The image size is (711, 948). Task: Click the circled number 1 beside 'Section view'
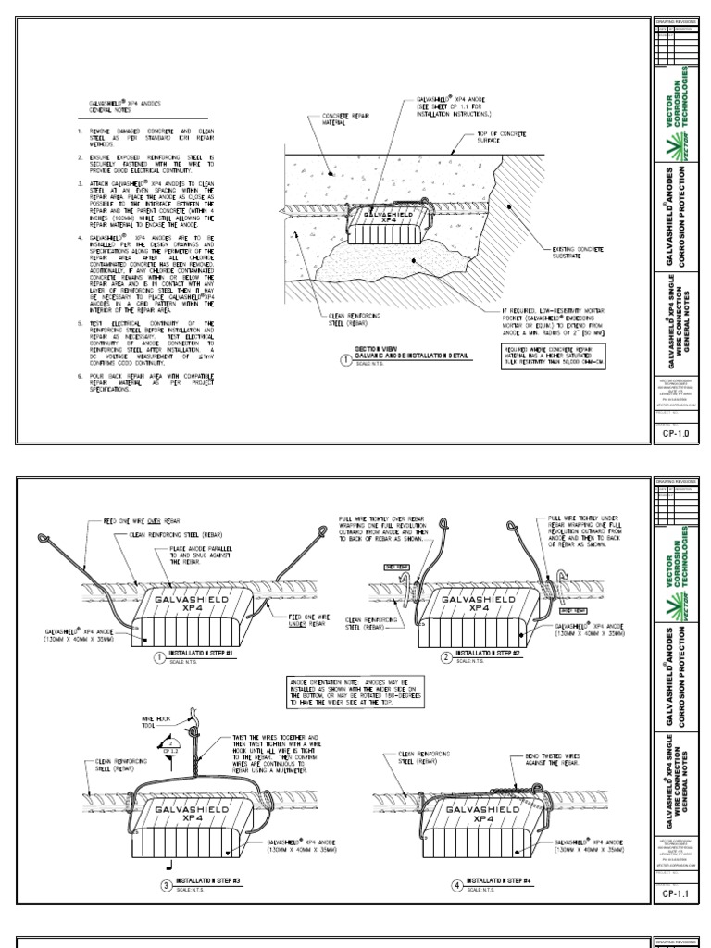click(345, 361)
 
